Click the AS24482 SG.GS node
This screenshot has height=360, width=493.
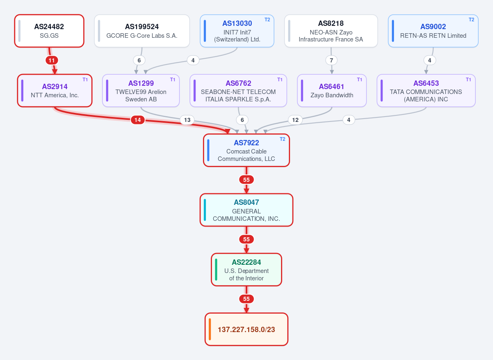pyautogui.click(x=49, y=31)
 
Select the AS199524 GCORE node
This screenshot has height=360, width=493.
pyautogui.click(x=142, y=31)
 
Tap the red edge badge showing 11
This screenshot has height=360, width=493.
pyautogui.click(x=52, y=60)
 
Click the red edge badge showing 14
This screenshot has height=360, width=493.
pyautogui.click(x=138, y=120)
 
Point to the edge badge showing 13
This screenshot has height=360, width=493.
pyautogui.click(x=187, y=120)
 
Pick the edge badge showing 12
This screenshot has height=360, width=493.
pyautogui.click(x=295, y=120)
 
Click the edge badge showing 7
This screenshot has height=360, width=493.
pyautogui.click(x=332, y=60)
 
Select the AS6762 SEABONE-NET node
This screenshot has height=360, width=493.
pyautogui.click(x=238, y=91)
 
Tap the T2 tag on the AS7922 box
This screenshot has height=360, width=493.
pyautogui.click(x=282, y=139)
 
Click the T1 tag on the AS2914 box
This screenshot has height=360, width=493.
pyautogui.click(x=85, y=79)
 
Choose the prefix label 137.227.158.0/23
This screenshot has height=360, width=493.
pyautogui.click(x=246, y=330)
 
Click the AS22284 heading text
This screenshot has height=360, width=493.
pyautogui.click(x=246, y=262)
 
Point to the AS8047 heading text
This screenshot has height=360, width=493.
pyautogui.click(x=246, y=202)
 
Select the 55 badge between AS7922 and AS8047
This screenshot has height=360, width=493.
pyautogui.click(x=246, y=180)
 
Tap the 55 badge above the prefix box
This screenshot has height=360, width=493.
pyautogui.click(x=246, y=299)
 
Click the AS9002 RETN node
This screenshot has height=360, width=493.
pyautogui.click(x=433, y=31)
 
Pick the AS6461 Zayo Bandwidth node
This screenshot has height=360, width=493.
pyautogui.click(x=332, y=91)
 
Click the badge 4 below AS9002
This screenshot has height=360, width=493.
pyautogui.click(x=430, y=60)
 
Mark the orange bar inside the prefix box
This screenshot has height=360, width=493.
pyautogui.click(x=210, y=329)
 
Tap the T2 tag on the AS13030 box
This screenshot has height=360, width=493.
pyautogui.click(x=267, y=20)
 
